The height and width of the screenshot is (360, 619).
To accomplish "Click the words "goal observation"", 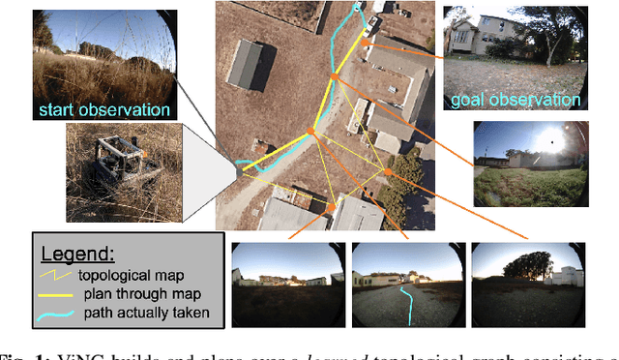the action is point(516,100).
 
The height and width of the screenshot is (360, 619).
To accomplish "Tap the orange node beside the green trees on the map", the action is point(388,172).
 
